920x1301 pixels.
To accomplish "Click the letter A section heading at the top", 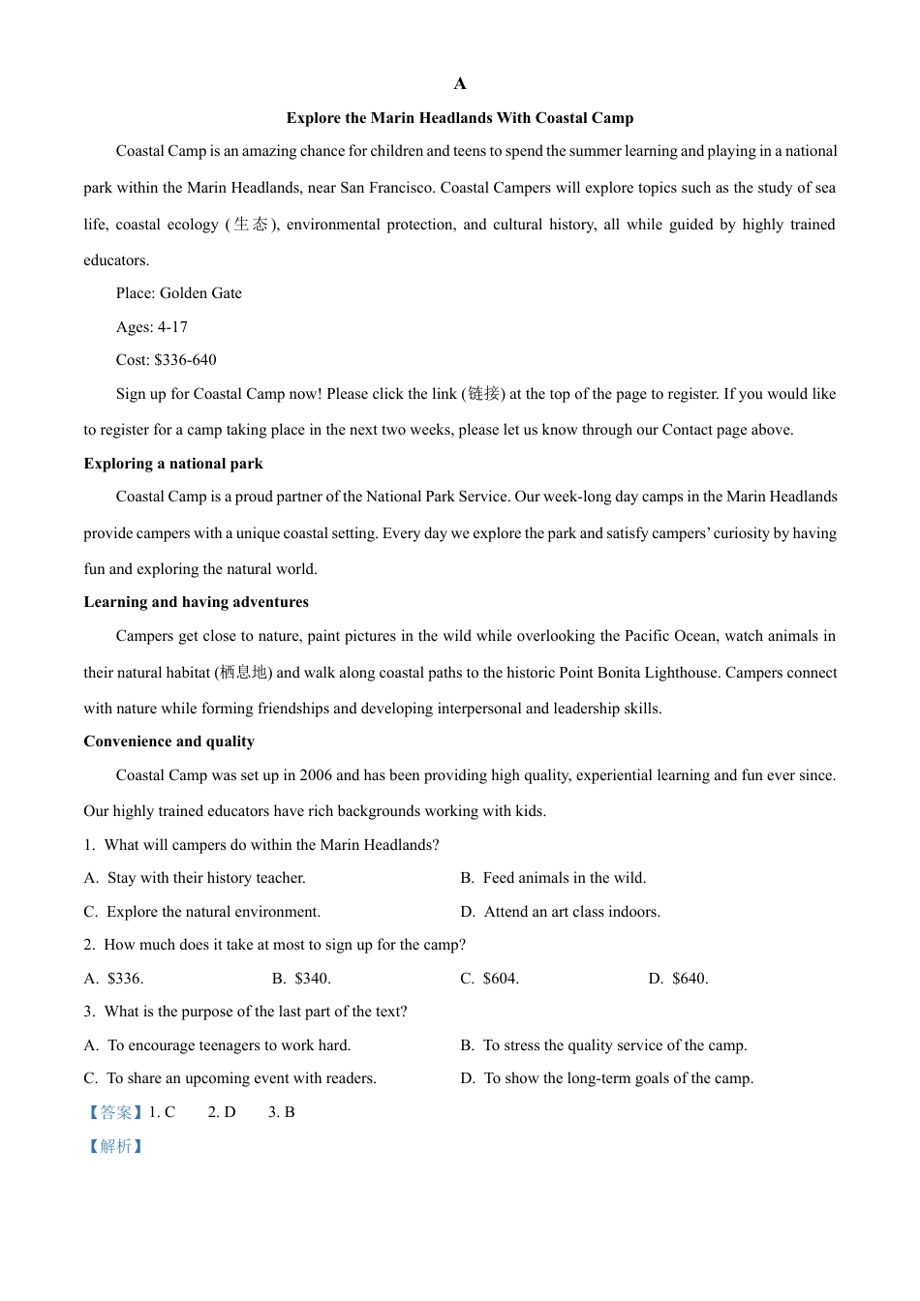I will tap(460, 84).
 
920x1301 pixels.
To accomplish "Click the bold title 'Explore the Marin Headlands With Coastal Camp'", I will tap(460, 118).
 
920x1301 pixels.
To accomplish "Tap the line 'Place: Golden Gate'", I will tap(178, 293).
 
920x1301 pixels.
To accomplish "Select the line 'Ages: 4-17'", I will tap(151, 327).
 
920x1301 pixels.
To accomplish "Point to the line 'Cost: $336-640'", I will tap(166, 360).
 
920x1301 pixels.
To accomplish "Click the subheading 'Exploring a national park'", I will tap(173, 464).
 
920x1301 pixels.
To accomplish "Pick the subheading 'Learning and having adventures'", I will tap(196, 602).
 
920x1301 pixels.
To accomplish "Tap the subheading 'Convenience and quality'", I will tap(169, 741).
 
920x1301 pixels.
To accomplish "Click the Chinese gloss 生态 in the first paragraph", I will tap(251, 225).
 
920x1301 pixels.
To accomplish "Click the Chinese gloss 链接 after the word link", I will tap(483, 394).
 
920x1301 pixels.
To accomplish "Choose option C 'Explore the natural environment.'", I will tap(213, 912).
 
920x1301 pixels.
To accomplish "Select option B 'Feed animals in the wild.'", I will tap(564, 878).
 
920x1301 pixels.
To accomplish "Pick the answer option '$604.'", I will tap(501, 979).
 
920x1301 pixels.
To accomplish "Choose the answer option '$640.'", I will tap(690, 979).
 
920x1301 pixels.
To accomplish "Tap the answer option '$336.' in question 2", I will tap(125, 979).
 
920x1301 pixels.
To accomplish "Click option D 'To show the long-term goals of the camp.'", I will tap(618, 1078).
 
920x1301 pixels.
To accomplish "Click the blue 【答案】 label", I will tap(115, 1112).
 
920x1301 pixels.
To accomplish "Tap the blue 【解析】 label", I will tap(115, 1146).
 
